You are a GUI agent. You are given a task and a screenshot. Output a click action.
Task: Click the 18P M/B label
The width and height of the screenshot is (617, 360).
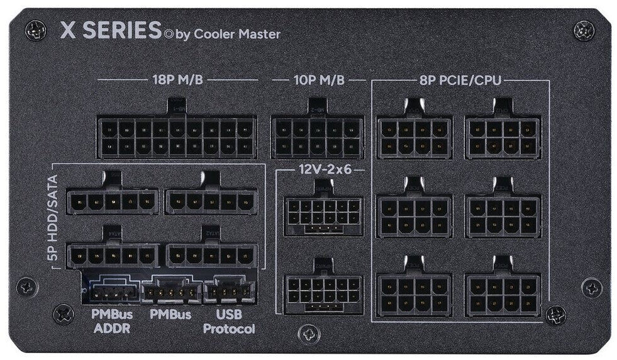(178, 80)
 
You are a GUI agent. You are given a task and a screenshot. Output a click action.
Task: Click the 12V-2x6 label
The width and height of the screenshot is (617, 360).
(322, 169)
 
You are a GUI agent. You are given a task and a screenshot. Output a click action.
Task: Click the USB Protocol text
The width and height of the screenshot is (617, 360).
(229, 322)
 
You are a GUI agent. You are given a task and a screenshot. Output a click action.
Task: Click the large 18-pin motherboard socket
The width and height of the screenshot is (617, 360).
(177, 137)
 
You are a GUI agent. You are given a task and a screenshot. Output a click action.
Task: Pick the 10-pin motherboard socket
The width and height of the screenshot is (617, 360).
(318, 137)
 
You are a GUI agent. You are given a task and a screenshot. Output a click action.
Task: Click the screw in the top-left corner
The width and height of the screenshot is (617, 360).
(35, 29)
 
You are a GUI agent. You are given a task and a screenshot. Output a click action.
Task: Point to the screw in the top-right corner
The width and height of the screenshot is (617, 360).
(583, 29)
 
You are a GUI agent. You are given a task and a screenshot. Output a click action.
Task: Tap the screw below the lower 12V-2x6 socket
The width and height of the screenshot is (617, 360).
(308, 332)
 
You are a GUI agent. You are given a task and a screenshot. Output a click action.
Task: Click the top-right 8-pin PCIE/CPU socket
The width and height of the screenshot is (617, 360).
(503, 137)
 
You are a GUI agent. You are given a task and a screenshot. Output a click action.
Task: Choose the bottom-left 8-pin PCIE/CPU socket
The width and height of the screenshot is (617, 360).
(414, 294)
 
